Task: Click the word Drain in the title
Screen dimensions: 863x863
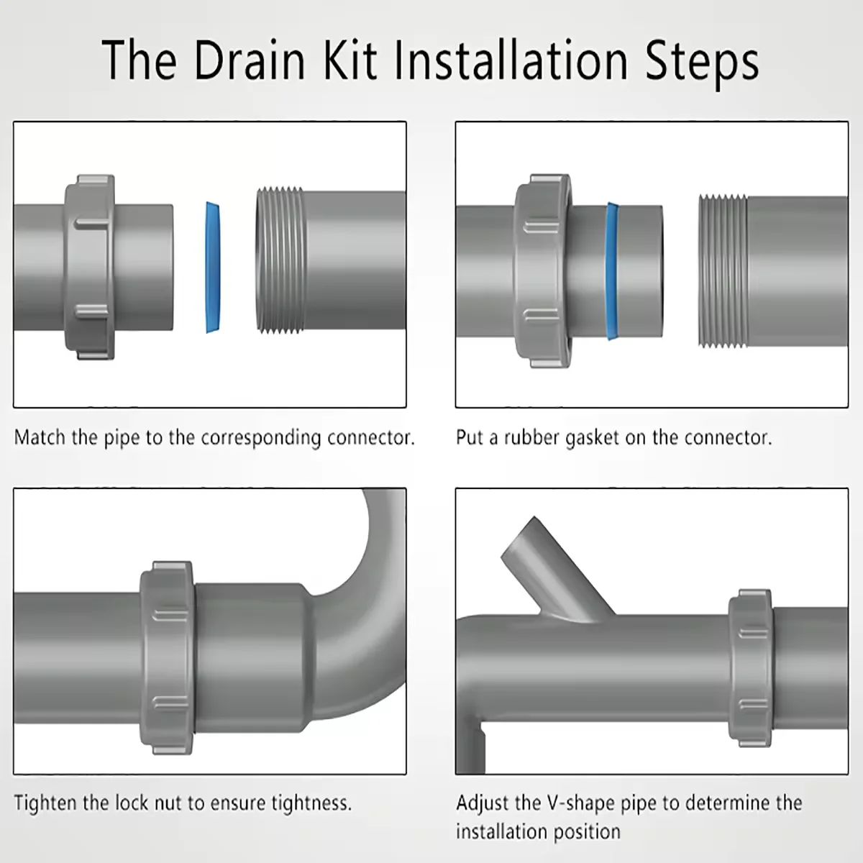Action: tap(250, 60)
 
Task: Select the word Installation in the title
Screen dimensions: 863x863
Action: tap(511, 60)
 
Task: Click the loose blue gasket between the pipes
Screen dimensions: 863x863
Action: tap(213, 268)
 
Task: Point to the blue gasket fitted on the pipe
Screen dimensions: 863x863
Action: tap(611, 271)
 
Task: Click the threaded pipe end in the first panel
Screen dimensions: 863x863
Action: tap(280, 260)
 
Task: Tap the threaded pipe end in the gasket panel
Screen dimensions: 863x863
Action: tap(722, 271)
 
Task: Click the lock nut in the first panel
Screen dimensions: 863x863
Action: tap(90, 268)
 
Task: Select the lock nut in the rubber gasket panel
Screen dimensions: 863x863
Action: tap(543, 271)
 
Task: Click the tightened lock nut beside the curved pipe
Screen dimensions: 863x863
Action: tap(167, 658)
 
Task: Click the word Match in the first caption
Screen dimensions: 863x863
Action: tap(40, 437)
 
